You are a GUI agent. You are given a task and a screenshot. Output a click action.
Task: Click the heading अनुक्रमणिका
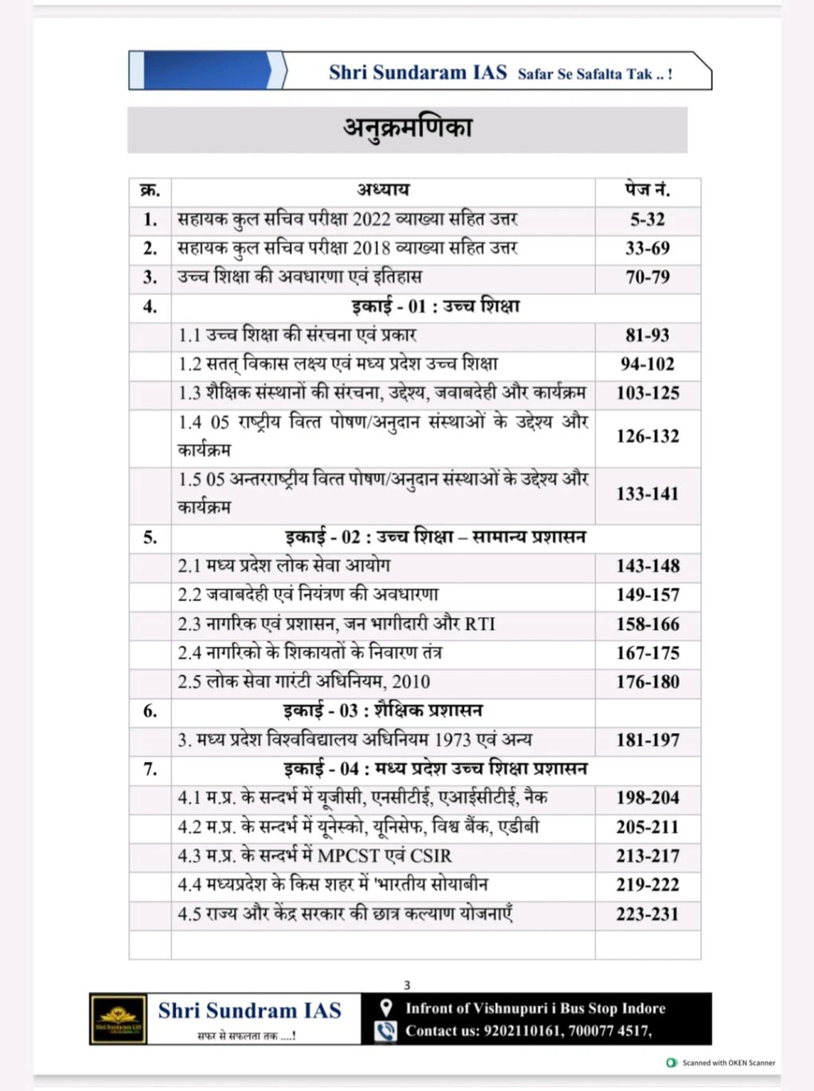coord(407,128)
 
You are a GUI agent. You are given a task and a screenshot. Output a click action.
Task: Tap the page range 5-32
coord(647,220)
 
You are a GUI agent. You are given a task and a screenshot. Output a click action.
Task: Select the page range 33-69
coord(647,248)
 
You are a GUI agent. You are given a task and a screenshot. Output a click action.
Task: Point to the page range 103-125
coord(647,393)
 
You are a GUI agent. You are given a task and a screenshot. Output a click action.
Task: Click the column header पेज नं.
coord(647,190)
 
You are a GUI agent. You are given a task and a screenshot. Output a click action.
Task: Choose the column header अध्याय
coord(383,190)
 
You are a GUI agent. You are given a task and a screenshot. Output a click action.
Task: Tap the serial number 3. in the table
coord(150,277)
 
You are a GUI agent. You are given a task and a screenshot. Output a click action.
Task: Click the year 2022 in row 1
coord(372,220)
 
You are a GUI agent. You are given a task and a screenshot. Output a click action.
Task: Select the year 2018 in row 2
coord(372,248)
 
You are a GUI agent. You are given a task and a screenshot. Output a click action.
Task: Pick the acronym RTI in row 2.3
coord(480,624)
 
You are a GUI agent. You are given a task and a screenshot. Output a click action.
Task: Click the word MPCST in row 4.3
coord(350,856)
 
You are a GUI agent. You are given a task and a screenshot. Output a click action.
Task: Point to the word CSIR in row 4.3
coord(431,856)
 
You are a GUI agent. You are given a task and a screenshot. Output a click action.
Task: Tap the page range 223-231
coord(647,914)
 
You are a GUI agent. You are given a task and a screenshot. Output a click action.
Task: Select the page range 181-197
coord(647,740)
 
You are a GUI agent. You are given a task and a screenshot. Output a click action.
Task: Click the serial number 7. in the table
coord(150,769)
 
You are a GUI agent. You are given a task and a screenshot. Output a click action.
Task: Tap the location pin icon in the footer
coord(385,1008)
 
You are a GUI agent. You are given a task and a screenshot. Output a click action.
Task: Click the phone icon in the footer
coord(385,1031)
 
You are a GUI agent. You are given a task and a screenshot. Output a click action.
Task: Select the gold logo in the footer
coord(119,1019)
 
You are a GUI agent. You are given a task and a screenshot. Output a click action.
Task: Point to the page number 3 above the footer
coord(407,985)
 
